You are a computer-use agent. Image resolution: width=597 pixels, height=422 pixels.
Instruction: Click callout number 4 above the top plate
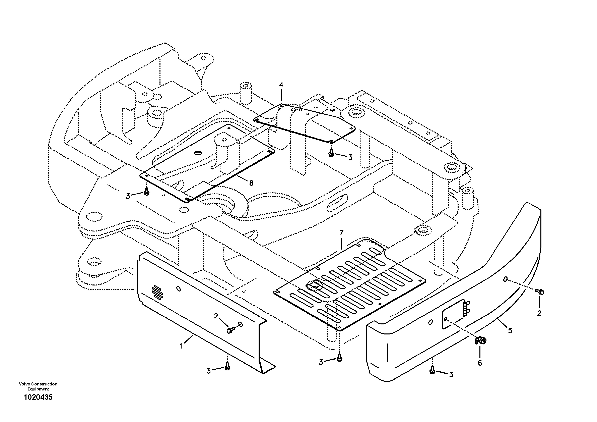281,85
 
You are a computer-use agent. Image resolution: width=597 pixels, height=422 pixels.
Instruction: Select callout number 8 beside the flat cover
251,183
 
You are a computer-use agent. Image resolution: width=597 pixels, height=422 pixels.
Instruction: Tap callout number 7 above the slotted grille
341,232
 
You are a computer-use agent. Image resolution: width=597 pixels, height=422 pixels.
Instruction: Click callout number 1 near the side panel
181,346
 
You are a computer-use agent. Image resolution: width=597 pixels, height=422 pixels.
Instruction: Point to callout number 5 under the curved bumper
510,331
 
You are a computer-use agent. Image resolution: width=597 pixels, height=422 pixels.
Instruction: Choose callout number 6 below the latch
480,363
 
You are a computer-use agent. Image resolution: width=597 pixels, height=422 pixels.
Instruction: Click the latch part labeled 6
480,340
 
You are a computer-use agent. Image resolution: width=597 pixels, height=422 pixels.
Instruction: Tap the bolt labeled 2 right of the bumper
540,292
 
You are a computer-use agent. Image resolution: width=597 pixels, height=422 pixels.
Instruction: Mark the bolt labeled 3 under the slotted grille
339,359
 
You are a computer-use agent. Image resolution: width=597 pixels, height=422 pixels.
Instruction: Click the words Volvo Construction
38,384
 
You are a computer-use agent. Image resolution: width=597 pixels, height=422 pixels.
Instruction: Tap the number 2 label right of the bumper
539,313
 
